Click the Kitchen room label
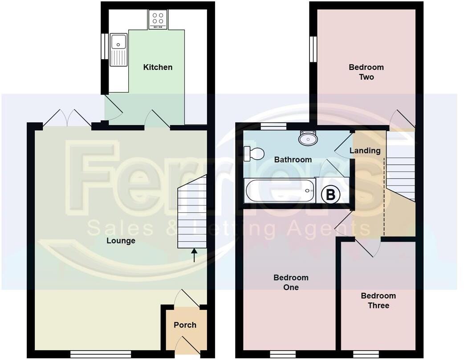[x=158, y=67]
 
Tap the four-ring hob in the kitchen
[x=158, y=19]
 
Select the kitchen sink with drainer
[x=118, y=49]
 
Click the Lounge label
[x=121, y=241]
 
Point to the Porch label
[x=185, y=325]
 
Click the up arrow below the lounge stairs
[x=194, y=255]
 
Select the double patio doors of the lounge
[x=67, y=118]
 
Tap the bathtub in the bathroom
[x=280, y=190]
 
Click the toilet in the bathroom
[x=253, y=154]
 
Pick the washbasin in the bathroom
[x=308, y=138]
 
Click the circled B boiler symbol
[x=331, y=194]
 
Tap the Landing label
[x=365, y=150]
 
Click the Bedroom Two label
[x=366, y=72]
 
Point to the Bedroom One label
[x=291, y=282]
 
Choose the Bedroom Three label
[x=378, y=300]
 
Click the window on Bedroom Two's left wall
[x=313, y=49]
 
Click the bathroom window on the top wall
[x=273, y=126]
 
